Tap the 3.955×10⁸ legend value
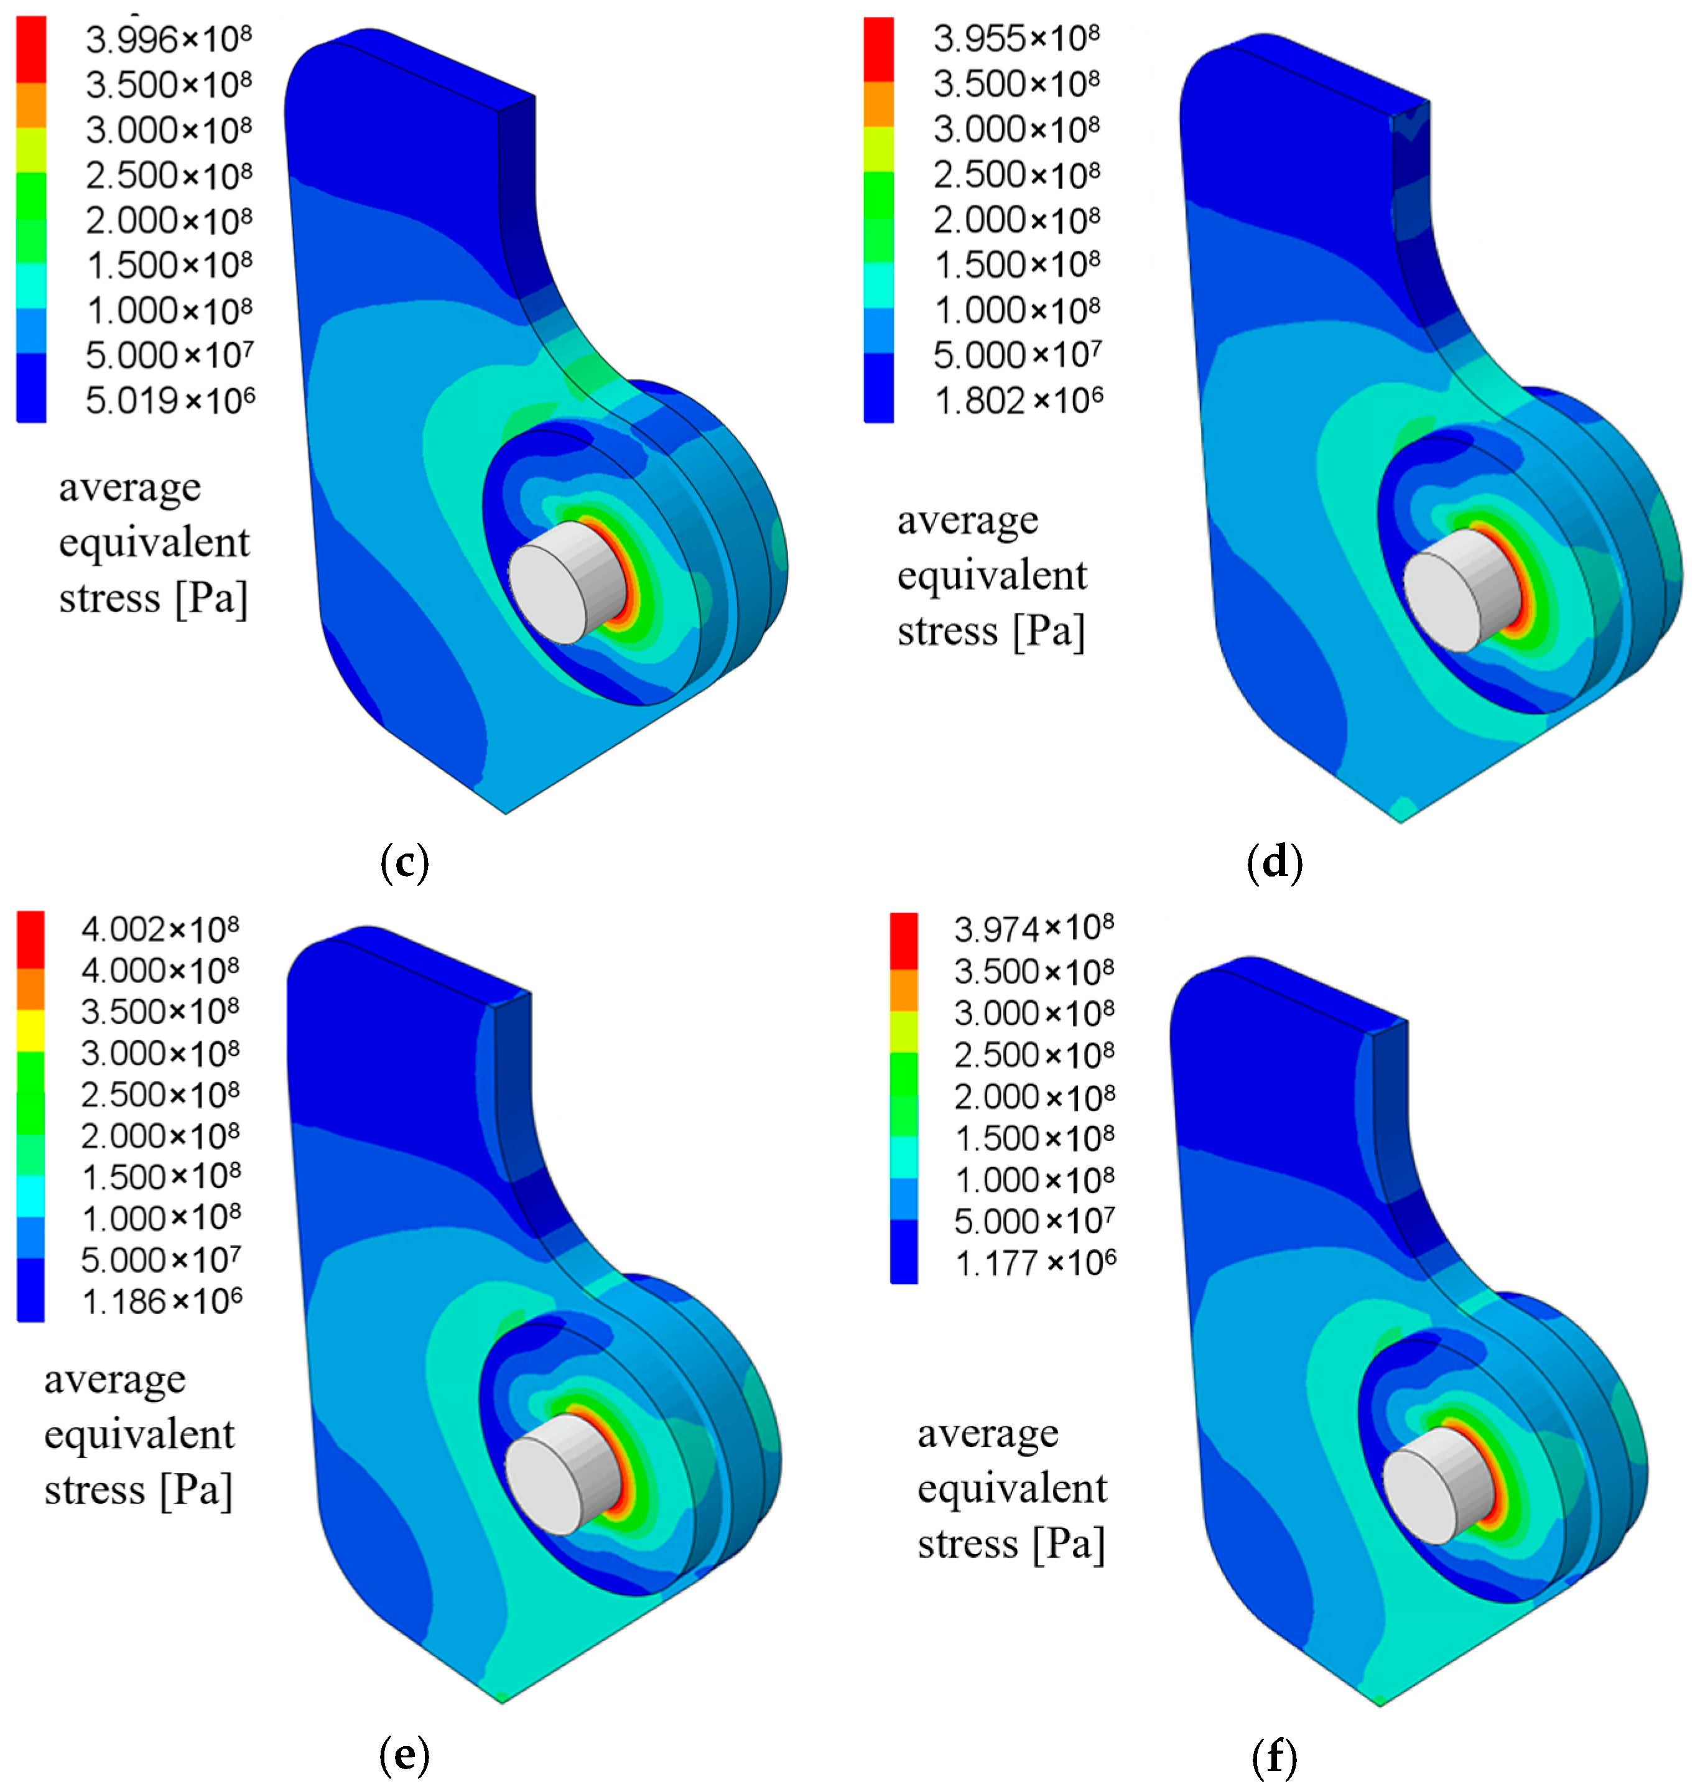(1016, 38)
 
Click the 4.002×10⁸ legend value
(160, 929)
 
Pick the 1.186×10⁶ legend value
(162, 1301)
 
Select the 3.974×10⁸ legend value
(1034, 928)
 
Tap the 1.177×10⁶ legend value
(1036, 1262)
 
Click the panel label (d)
(1274, 862)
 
